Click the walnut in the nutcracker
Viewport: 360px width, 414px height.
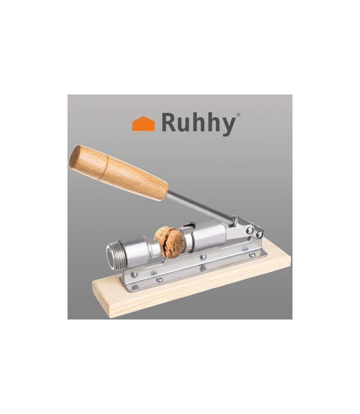click(169, 242)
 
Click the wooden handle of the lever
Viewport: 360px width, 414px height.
click(118, 172)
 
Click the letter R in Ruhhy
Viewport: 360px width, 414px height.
click(170, 122)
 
